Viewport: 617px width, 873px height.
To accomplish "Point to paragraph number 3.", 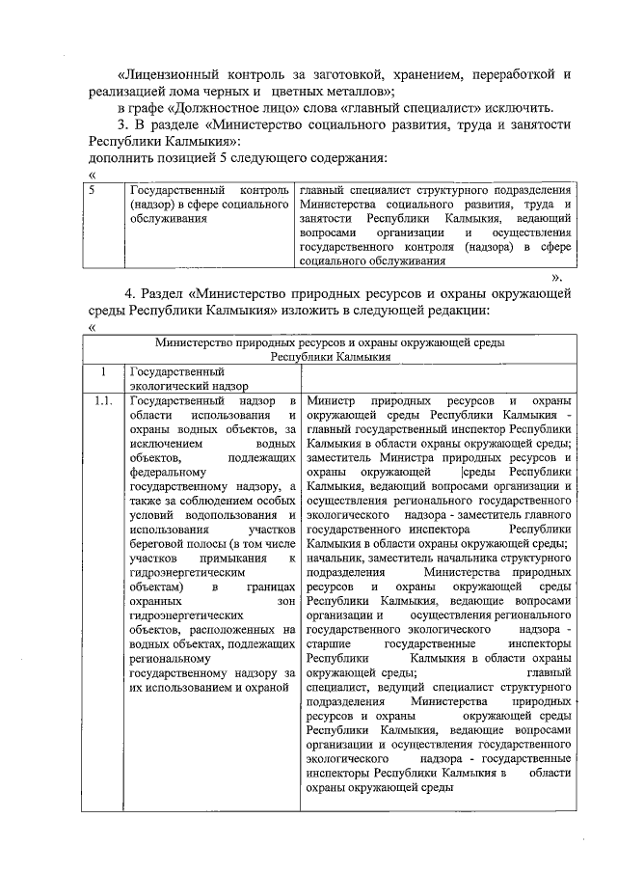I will point(122,124).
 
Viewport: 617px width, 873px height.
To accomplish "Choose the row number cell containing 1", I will point(101,370).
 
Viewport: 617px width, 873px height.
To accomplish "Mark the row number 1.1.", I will point(103,400).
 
